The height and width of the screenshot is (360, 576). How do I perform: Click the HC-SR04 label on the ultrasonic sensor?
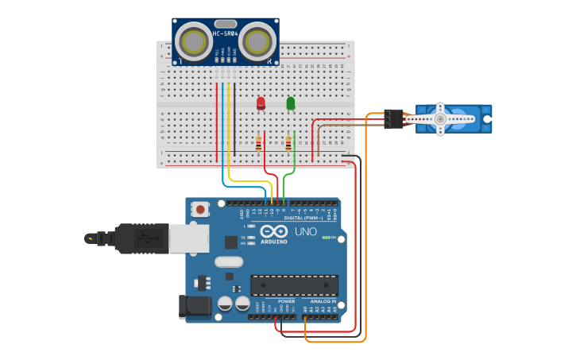[x=225, y=34]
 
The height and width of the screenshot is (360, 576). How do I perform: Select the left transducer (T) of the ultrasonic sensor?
[x=193, y=41]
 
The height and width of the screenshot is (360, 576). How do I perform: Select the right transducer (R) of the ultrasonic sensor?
[x=257, y=41]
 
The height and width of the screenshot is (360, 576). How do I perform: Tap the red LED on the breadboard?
[x=261, y=103]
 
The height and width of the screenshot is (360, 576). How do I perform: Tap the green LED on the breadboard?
[x=291, y=103]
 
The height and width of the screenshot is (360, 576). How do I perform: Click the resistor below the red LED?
[x=259, y=143]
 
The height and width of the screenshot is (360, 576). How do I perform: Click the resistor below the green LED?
[x=288, y=143]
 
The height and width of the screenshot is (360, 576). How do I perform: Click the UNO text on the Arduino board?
[x=306, y=231]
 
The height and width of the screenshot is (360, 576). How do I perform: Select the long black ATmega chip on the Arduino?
[x=294, y=285]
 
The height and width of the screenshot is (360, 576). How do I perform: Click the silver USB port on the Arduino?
[x=189, y=238]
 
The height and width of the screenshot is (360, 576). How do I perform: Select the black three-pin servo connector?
[x=393, y=118]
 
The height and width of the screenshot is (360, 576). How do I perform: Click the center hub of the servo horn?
[x=440, y=118]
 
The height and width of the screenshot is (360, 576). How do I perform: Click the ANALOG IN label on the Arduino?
[x=323, y=302]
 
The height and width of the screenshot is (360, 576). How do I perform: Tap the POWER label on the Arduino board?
[x=286, y=302]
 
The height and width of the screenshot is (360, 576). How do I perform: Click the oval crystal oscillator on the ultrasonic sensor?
[x=225, y=25]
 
